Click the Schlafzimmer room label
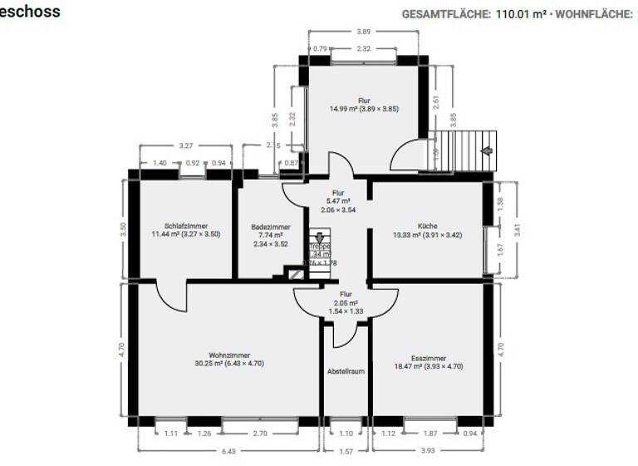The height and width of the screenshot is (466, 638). click(185, 226)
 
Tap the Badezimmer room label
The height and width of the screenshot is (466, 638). click(271, 226)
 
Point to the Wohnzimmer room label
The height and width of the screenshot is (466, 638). click(229, 355)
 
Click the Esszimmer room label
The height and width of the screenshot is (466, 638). click(427, 356)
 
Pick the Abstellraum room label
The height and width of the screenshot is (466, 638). click(346, 371)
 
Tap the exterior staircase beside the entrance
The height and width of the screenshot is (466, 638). click(465, 151)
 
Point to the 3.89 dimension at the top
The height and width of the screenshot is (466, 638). click(364, 32)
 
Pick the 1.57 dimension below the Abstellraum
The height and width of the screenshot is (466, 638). click(346, 452)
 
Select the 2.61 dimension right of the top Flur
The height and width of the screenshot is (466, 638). click(435, 102)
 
